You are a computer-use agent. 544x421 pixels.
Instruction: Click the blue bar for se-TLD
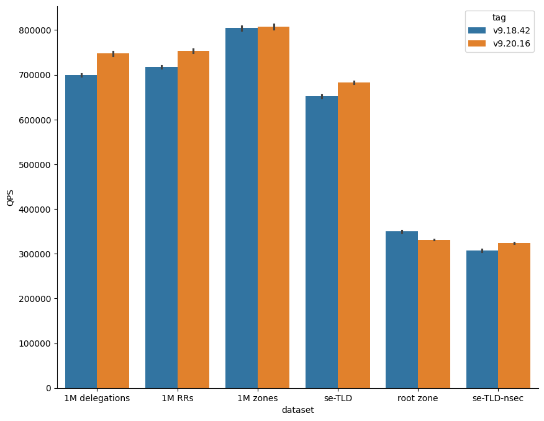pyautogui.click(x=322, y=242)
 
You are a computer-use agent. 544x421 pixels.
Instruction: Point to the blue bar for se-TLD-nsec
pyautogui.click(x=482, y=319)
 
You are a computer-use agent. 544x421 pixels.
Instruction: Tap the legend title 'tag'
pyautogui.click(x=499, y=17)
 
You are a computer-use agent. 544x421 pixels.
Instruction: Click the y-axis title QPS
pyautogui.click(x=11, y=197)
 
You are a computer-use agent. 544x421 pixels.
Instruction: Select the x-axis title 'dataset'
pyautogui.click(x=297, y=410)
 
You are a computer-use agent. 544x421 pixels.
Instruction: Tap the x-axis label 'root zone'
pyautogui.click(x=418, y=398)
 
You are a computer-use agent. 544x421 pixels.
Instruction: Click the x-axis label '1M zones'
pyautogui.click(x=257, y=398)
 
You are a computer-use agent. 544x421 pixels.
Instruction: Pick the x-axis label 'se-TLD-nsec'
pyautogui.click(x=498, y=398)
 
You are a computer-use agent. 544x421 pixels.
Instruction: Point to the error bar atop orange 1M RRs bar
pyautogui.click(x=193, y=51)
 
